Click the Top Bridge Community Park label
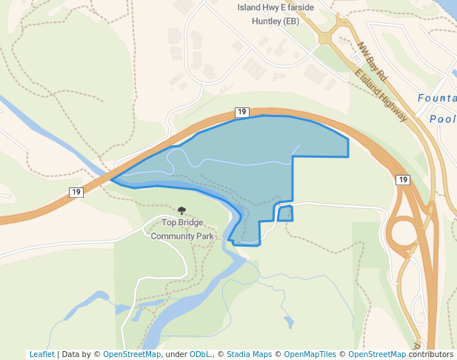coord(182,229)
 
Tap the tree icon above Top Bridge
coord(182,211)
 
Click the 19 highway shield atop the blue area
coord(241,112)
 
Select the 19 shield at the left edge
coord(76,193)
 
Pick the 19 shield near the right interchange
coord(402,180)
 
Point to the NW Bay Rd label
coord(373,61)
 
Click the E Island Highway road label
coord(381,96)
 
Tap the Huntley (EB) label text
coord(276,21)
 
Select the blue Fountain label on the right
coord(437,98)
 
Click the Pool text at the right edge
coord(442,119)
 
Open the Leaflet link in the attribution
coord(41,354)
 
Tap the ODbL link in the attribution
coord(201,354)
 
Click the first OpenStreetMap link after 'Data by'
coord(132,354)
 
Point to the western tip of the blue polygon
coord(111,180)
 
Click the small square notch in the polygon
coord(284,213)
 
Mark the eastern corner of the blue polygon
coord(348,139)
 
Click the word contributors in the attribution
coord(431,354)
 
